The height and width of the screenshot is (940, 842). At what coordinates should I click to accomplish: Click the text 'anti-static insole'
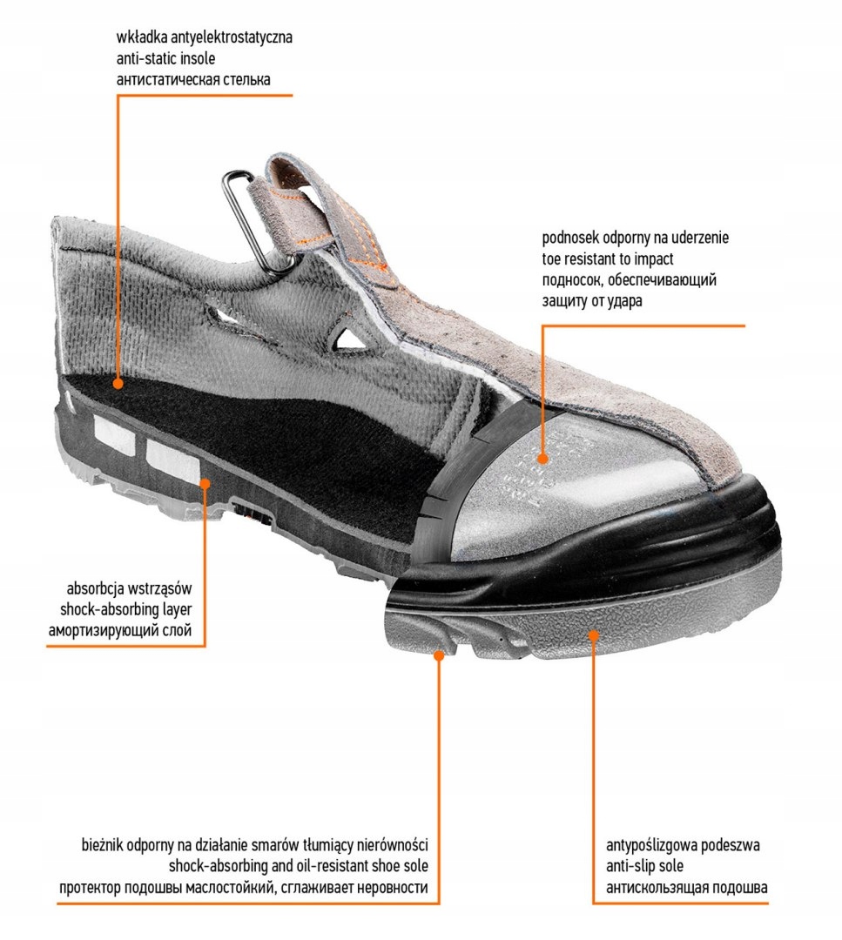click(165, 58)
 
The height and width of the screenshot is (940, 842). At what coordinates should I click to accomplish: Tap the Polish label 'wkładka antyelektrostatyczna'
click(205, 38)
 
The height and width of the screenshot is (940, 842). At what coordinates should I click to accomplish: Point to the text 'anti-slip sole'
click(644, 866)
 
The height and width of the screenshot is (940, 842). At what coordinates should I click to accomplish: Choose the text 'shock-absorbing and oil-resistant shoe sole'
click(299, 866)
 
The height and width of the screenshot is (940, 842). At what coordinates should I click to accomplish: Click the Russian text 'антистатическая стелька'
click(193, 79)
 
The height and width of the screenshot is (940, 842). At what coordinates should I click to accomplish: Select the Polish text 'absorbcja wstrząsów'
click(136, 586)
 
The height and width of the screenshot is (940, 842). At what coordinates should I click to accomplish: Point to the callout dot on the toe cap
click(542, 458)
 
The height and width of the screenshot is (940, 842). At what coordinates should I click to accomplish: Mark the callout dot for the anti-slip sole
click(594, 635)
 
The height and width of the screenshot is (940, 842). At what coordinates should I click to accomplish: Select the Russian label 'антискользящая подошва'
click(687, 888)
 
